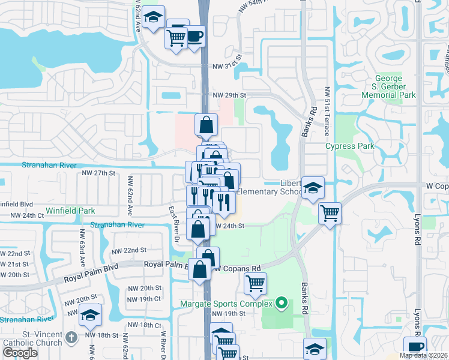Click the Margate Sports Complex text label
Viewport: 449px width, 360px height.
pyautogui.click(x=226, y=304)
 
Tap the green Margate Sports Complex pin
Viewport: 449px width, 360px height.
pyautogui.click(x=280, y=304)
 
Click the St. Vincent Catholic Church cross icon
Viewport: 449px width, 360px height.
pyautogui.click(x=71, y=337)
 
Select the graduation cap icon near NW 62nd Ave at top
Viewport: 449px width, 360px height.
pyautogui.click(x=154, y=16)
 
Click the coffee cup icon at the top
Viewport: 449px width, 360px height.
pyautogui.click(x=193, y=35)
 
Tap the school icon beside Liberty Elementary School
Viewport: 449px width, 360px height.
pyautogui.click(x=313, y=188)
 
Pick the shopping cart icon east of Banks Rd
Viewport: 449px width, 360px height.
pyautogui.click(x=330, y=212)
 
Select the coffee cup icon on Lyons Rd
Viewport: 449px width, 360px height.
pyautogui.click(x=415, y=347)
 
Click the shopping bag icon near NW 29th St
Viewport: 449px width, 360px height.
pyautogui.click(x=206, y=125)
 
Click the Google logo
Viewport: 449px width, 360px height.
pyautogui.click(x=20, y=353)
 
